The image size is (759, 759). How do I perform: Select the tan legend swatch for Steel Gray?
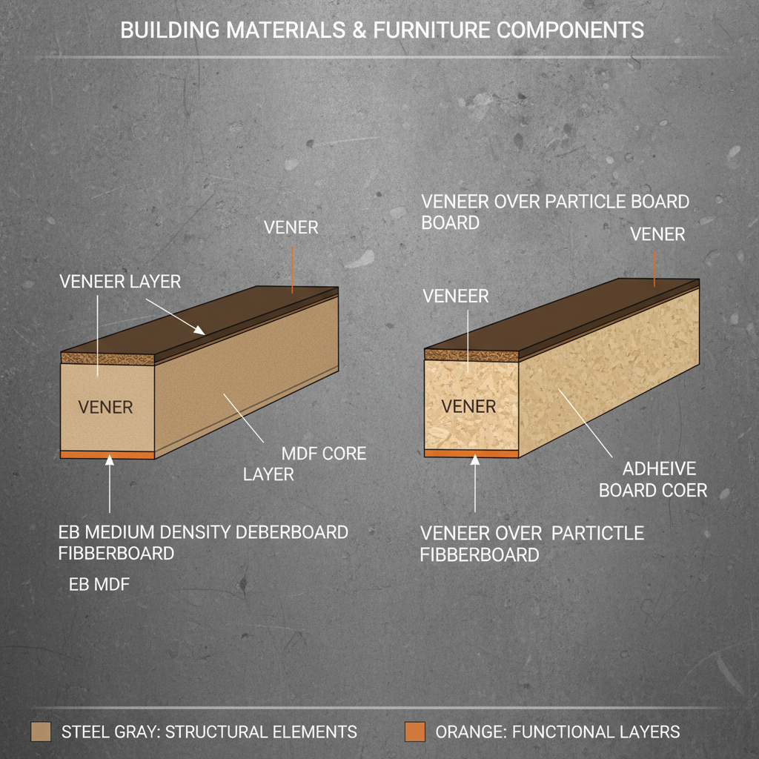42,732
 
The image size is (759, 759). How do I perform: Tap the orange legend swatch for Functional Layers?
415,732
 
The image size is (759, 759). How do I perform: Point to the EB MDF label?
99,585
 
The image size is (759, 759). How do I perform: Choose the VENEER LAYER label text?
120,282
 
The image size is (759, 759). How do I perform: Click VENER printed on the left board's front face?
105,407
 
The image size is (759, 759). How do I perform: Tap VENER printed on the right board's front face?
468,406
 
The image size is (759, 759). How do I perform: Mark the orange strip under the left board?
107,454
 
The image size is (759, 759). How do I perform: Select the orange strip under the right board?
471,453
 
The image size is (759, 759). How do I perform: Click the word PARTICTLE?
598,533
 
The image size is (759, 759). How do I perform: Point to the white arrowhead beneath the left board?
110,462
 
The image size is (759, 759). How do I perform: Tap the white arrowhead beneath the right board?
475,460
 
